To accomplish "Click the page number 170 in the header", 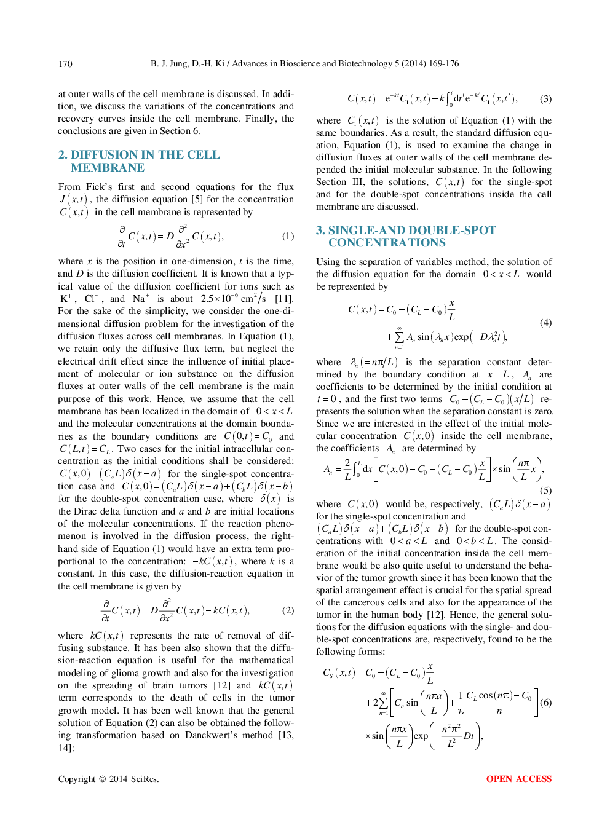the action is (65, 63).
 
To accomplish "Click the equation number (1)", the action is (288, 236).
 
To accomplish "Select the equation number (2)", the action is (288, 610).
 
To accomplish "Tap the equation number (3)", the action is (545, 98).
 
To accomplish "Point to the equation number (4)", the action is (545, 323).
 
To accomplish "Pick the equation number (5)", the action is (545, 490).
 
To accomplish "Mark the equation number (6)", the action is (545, 703).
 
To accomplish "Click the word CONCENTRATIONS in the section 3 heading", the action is (387, 243).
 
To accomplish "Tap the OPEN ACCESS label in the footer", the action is (518, 779).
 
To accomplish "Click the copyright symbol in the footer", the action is (102, 779).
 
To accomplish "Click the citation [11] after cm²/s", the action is (283, 299).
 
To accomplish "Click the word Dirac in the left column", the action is (85, 511).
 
